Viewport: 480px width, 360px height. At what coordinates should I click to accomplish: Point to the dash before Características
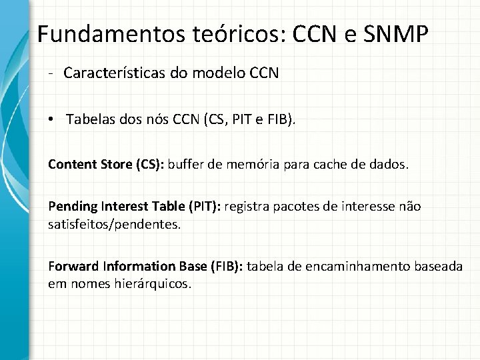(x=51, y=73)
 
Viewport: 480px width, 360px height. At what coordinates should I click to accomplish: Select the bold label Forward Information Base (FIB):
(x=147, y=267)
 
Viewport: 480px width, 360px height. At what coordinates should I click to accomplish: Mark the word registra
(x=247, y=207)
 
